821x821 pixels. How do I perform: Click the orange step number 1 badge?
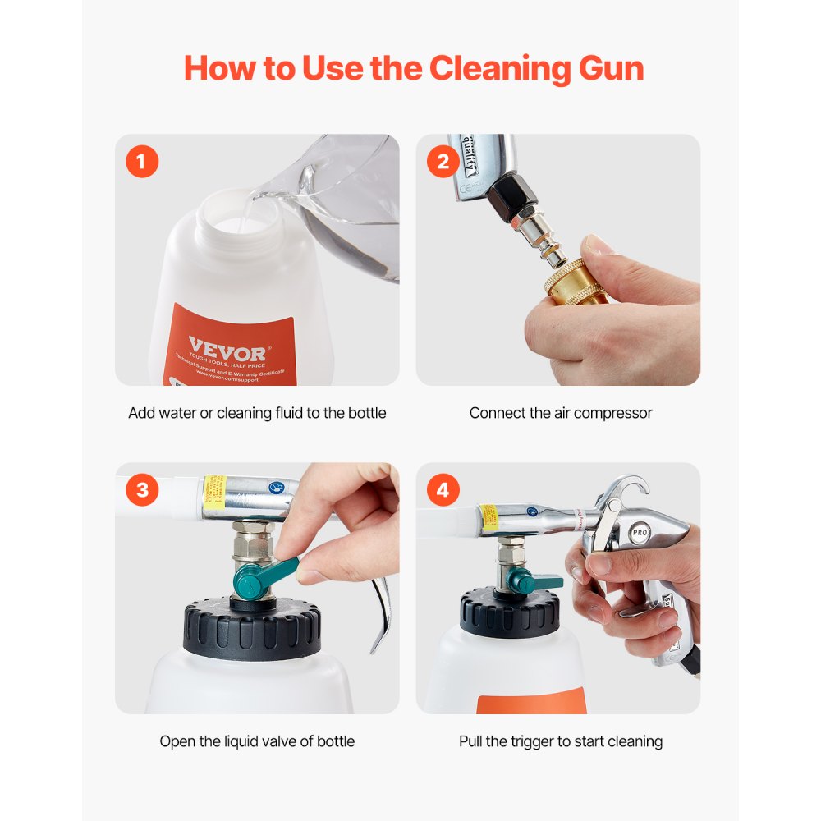coord(142,162)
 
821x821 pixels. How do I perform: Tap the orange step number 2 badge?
coord(443,162)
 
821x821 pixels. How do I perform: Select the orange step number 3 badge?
coord(142,490)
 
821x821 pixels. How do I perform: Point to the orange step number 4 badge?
coord(443,490)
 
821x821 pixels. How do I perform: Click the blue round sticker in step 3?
coord(280,486)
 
